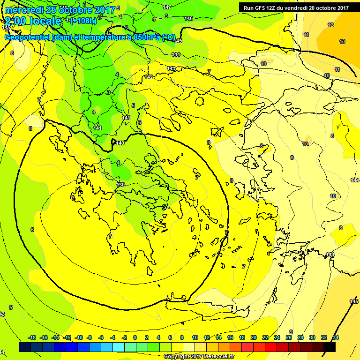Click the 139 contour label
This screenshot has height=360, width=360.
[x=120, y=185]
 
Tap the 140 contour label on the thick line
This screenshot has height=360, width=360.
[x=120, y=143]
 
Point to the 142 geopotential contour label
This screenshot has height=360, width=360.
[x=149, y=77]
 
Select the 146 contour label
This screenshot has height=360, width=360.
[x=188, y=18]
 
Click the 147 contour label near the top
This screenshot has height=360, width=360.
[x=167, y=7]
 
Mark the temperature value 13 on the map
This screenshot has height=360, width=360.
[x=342, y=41]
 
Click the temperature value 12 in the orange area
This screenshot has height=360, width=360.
[x=330, y=25]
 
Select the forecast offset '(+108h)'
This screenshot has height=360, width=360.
[x=83, y=21]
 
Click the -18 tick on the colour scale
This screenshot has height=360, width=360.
[x=32, y=337]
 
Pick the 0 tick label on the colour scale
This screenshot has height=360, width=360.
[x=135, y=337]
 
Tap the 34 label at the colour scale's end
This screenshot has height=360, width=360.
[x=335, y=337]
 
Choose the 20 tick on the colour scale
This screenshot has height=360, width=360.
[x=254, y=337]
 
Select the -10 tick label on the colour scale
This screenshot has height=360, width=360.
[x=79, y=337]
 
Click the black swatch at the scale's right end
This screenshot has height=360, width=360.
[x=330, y=347]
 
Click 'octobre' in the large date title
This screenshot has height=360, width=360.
[x=80, y=9]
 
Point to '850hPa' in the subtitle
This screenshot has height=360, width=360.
[x=144, y=37]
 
